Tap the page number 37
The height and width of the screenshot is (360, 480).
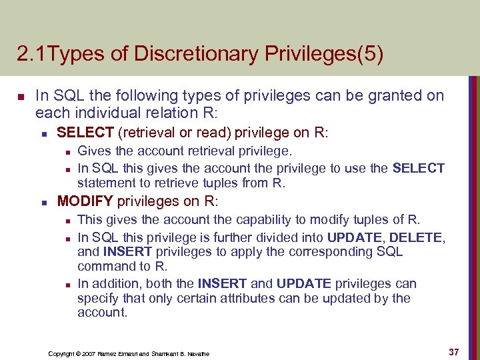coord(453,351)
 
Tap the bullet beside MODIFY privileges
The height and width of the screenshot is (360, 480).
coord(42,201)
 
